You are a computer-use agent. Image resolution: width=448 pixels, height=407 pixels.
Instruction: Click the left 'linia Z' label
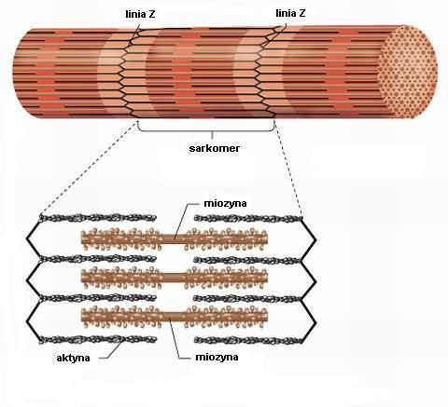click(140, 14)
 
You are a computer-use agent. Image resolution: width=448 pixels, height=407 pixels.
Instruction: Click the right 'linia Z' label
click(290, 13)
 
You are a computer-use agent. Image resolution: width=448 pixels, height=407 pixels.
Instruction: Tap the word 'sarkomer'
click(215, 148)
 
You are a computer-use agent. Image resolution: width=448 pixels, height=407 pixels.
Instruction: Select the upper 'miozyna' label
click(225, 203)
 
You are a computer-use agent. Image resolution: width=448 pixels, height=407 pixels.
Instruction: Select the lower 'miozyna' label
click(217, 357)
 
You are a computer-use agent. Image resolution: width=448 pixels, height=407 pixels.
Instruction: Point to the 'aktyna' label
click(74, 358)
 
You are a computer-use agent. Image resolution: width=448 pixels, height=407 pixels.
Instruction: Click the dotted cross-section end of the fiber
click(409, 72)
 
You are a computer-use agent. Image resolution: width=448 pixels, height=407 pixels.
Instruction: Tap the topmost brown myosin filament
click(175, 238)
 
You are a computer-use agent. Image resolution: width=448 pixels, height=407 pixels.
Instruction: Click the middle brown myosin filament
click(175, 278)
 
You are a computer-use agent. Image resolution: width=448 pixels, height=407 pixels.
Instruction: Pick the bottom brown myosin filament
click(175, 317)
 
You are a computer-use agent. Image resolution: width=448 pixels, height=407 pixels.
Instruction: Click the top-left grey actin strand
click(98, 218)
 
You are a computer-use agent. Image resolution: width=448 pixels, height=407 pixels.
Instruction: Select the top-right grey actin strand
click(248, 219)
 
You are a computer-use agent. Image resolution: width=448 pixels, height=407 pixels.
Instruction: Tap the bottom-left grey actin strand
click(98, 339)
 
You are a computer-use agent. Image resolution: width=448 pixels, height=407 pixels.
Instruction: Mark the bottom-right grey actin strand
click(248, 340)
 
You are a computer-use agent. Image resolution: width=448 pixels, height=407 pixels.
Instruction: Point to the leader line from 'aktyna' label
click(111, 349)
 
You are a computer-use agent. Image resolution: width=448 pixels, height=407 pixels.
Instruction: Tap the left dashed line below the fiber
click(89, 168)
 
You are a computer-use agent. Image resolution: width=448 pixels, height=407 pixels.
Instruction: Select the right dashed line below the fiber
click(288, 169)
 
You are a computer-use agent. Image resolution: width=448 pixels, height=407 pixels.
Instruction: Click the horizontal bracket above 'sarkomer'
click(205, 131)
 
